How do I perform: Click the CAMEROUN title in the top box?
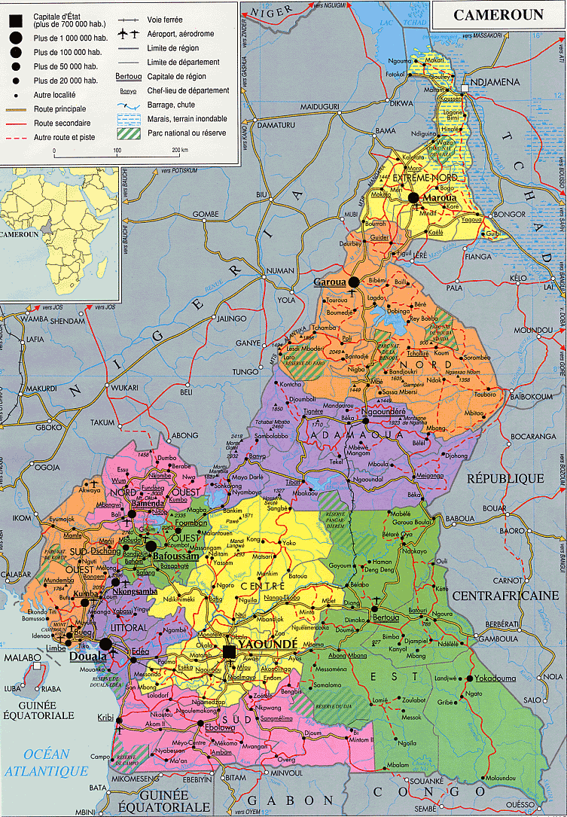[x=498, y=15]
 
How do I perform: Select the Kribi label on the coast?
[x=105, y=717]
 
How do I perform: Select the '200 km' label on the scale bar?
[x=178, y=151]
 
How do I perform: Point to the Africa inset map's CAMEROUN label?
[x=20, y=234]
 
